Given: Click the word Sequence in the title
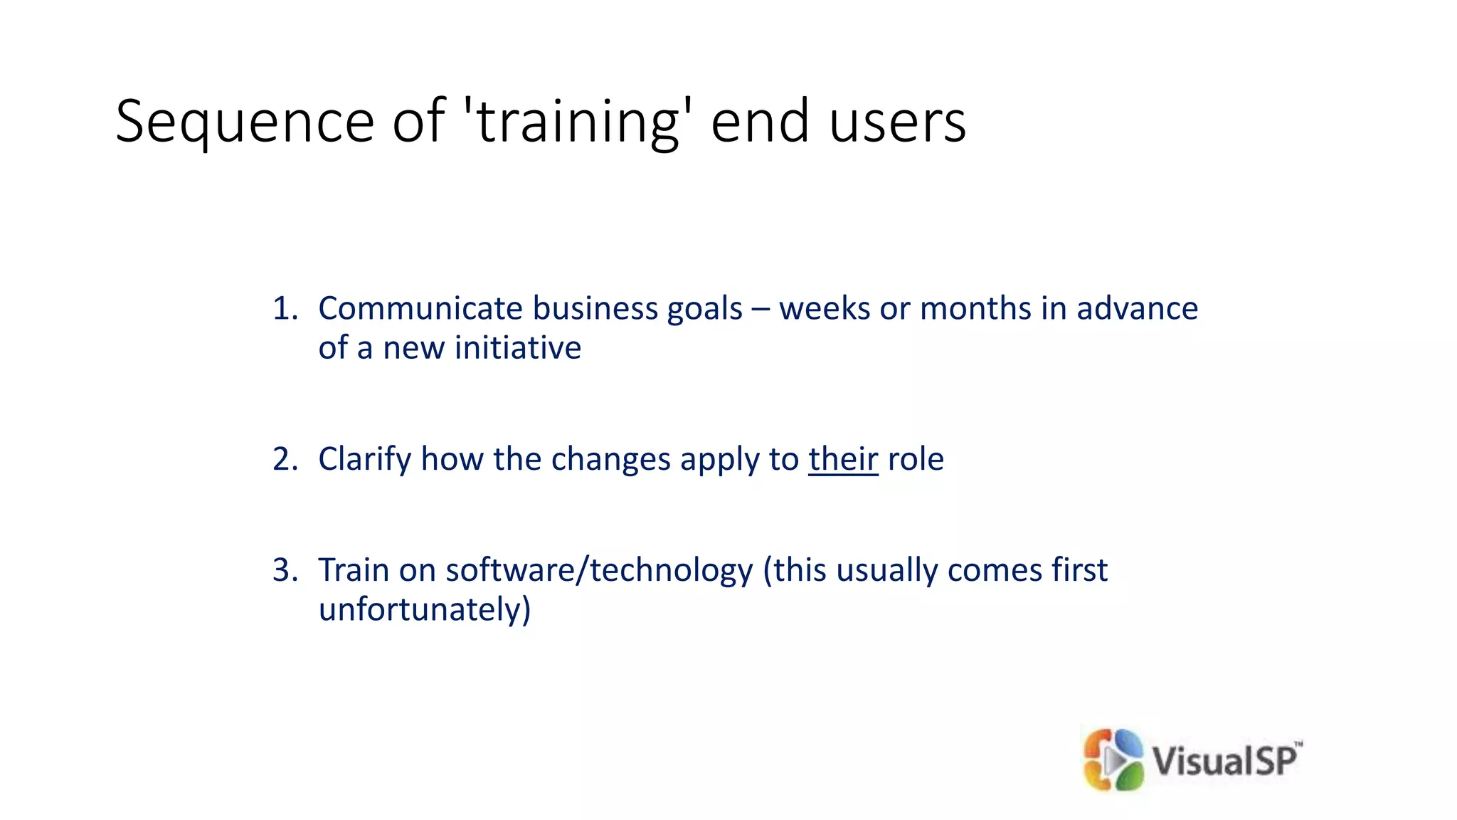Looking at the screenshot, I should pos(244,122).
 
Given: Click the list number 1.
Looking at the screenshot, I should pos(284,309).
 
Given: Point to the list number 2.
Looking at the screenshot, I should pos(284,459).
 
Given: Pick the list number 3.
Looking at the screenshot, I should pos(284,570).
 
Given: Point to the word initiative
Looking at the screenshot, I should pos(517,348).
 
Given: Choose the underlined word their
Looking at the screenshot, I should pos(843,459).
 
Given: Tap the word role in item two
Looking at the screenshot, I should pos(916,459).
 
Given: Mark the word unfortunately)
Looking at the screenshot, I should pos(425,610).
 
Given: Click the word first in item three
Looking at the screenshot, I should pos(1080,570).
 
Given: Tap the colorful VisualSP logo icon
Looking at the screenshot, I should pos(1113,760).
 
